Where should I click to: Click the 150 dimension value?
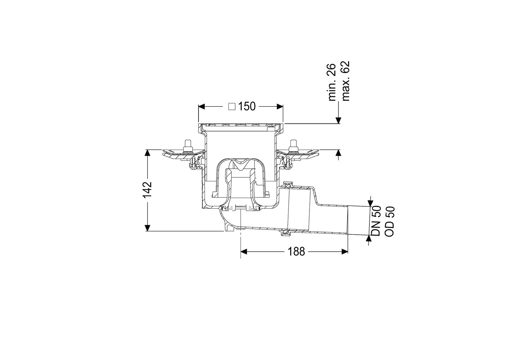[247, 106]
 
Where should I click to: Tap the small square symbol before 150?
[232, 107]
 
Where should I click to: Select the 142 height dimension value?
[147, 190]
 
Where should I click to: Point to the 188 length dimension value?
[296, 252]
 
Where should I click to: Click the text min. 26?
[332, 82]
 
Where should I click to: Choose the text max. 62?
[345, 81]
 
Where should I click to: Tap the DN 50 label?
[376, 221]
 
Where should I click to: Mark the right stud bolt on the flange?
[293, 145]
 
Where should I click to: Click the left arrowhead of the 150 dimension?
[202, 107]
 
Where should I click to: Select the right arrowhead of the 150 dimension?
[280, 107]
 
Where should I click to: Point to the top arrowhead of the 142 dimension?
[148, 153]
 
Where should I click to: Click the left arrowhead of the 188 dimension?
[244, 251]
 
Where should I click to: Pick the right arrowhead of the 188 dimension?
[345, 251]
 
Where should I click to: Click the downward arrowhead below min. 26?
[338, 120]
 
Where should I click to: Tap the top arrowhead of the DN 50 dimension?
[371, 203]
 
